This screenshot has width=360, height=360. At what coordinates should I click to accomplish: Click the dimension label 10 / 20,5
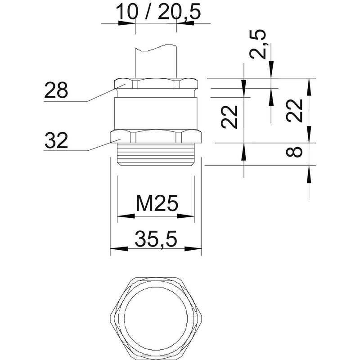coord(158,12)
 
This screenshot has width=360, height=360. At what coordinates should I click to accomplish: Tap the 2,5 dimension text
coord(257,44)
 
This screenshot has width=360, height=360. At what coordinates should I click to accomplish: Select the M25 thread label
coord(157,203)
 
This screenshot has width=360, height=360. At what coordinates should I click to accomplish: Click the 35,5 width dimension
coord(156,239)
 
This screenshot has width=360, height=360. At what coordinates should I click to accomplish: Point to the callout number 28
coord(56,90)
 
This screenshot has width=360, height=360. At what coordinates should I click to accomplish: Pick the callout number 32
coord(56,140)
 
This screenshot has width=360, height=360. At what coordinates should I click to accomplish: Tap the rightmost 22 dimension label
coord(294,111)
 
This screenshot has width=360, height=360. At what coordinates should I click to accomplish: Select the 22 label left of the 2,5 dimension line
coord(229,117)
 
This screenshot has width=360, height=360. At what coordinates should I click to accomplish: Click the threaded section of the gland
coord(156,154)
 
